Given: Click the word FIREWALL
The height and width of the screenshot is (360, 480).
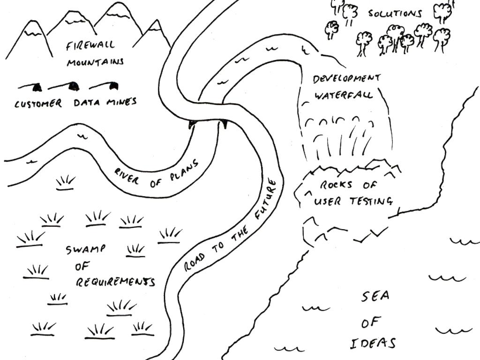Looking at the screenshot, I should coord(90,46).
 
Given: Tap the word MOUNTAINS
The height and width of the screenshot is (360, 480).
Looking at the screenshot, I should coord(95,61).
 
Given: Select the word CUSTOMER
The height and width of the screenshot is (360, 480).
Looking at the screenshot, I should coord(37,104).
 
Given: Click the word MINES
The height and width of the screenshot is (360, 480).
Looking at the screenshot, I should coord(121,101).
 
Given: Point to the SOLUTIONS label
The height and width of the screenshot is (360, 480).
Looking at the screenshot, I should coord(395,13).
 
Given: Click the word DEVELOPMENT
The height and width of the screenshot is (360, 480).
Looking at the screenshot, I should coord(346,78).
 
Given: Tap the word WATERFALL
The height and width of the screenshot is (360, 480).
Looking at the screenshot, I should coord(344,95).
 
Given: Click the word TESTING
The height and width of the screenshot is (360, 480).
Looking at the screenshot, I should coord(370,202).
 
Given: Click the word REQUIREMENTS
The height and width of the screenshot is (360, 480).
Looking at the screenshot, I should coord(115,282).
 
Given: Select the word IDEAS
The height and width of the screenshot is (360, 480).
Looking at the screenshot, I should coord(373,344).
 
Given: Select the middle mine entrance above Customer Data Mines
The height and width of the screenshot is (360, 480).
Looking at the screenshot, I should coord(74,86).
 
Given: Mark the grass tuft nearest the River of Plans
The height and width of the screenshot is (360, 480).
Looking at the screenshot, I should coord(65,183).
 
